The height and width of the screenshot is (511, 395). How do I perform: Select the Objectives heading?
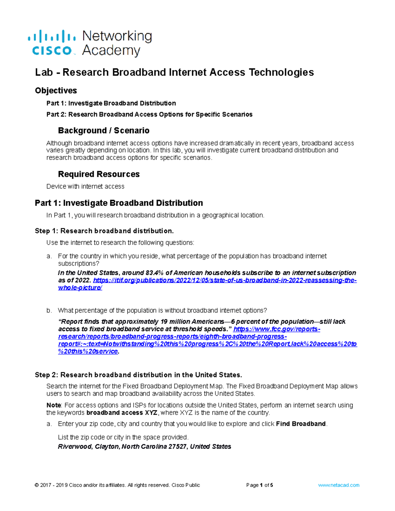point(56,90)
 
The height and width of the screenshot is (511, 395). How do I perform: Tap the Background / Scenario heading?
point(103,131)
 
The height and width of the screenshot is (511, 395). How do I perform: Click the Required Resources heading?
point(99,174)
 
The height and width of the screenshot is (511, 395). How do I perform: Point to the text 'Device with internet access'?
point(85,187)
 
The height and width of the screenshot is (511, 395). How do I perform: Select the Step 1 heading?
point(104,231)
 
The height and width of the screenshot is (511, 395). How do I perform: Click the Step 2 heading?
point(138,375)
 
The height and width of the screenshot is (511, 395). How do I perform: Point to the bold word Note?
point(54,405)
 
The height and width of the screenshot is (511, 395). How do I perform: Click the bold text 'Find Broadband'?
point(301,424)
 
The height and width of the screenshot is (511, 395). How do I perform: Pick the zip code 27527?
point(178,447)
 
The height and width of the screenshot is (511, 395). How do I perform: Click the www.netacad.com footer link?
point(338,485)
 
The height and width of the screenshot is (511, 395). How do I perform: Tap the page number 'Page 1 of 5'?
point(259,485)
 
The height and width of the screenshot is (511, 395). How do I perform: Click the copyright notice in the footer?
point(117,485)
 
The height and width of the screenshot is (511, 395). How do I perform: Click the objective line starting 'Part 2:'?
point(149,115)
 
